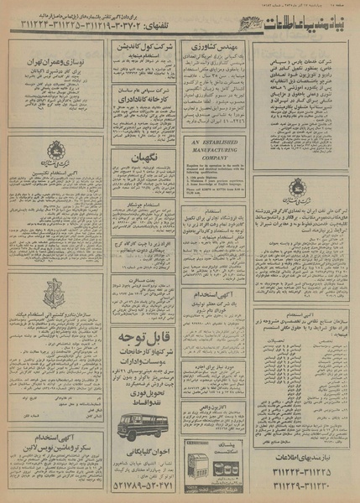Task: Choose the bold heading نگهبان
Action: point(135,156)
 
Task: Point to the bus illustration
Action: point(134,423)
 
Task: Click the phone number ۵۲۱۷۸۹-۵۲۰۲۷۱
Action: point(134,484)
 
